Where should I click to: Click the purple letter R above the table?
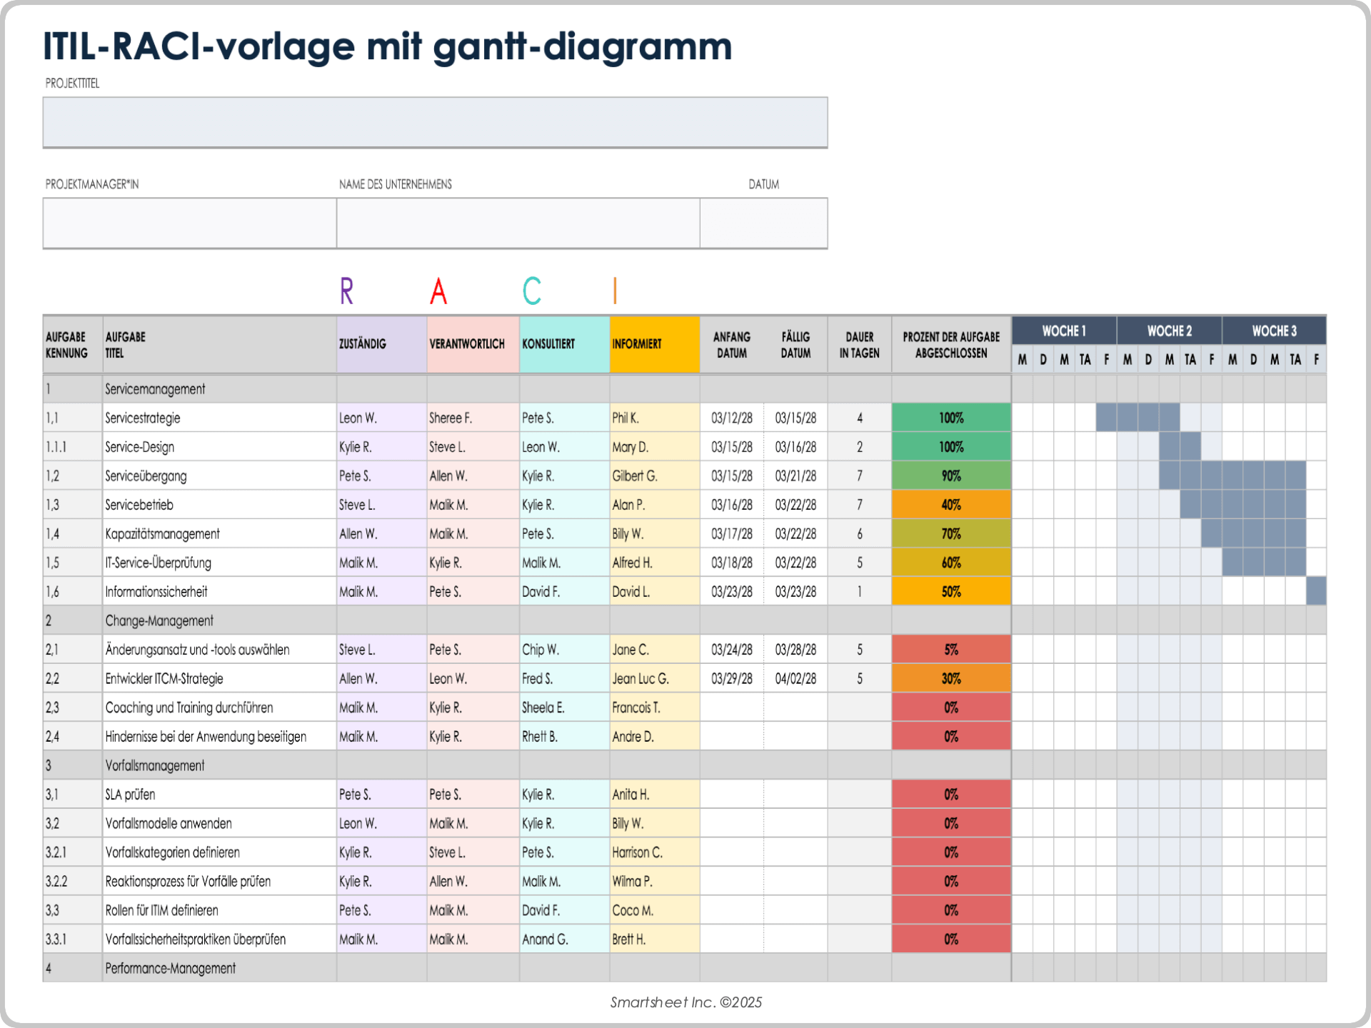346,291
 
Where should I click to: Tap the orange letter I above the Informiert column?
615,291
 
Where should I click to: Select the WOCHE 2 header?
1169,331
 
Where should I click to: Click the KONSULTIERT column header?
548,344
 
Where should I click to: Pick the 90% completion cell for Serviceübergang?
950,475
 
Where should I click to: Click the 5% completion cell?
950,650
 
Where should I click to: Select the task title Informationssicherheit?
156,592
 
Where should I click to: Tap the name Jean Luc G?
641,679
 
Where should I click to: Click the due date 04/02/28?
795,679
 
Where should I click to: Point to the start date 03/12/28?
732,418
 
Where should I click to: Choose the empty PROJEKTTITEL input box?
435,123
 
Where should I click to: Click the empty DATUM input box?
763,223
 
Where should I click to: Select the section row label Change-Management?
159,621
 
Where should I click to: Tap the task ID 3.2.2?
56,882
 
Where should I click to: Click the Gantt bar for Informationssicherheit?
1316,591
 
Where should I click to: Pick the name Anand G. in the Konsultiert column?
545,939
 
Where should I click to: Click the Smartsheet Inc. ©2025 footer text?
685,1002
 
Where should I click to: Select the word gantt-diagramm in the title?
582,47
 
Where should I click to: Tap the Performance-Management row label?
170,969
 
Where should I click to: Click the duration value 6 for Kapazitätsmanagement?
859,534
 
